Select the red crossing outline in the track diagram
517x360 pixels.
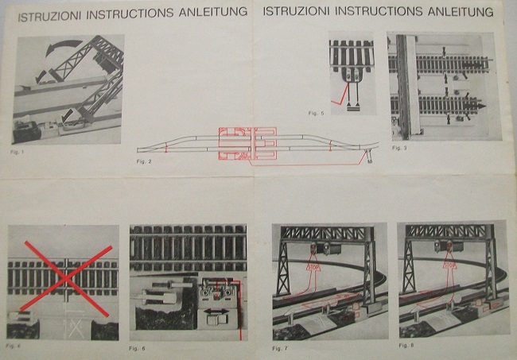point(246,145)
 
